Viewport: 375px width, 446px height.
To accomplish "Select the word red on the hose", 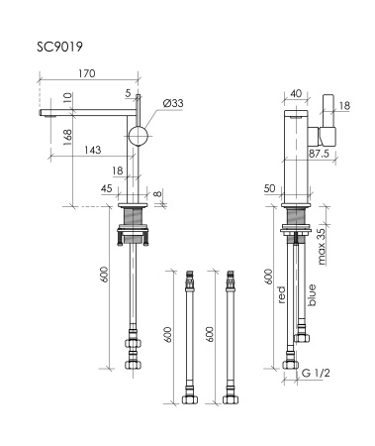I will click(x=282, y=295).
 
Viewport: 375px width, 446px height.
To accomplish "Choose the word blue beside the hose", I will click(x=313, y=293).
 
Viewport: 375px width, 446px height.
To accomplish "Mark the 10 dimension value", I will click(x=68, y=98).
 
